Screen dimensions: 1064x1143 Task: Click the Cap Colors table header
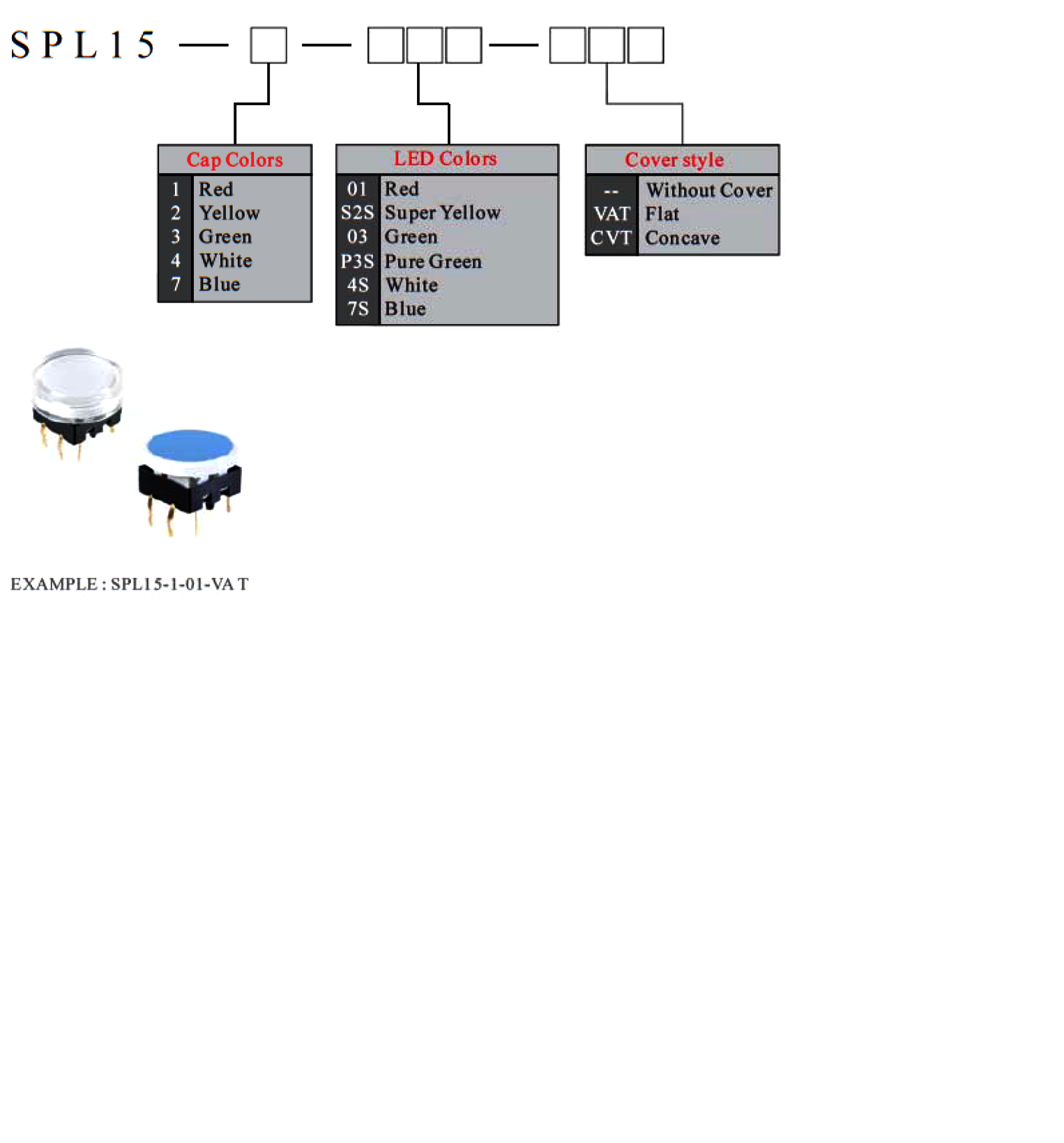[x=234, y=160]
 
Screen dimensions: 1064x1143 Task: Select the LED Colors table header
[x=445, y=158]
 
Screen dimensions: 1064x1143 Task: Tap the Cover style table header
[x=674, y=160]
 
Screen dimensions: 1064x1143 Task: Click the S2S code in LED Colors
[x=357, y=213]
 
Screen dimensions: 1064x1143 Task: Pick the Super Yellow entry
[x=443, y=213]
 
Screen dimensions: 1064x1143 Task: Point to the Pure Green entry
[x=433, y=261]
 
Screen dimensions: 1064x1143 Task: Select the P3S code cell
[x=357, y=261]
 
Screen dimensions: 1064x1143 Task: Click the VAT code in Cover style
[x=611, y=214]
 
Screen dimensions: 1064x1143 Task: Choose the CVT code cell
[x=611, y=238]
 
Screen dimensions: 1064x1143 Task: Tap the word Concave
[x=683, y=238]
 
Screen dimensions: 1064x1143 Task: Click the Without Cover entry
[x=709, y=190]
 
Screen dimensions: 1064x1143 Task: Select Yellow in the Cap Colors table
[x=229, y=213]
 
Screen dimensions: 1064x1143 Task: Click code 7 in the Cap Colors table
[x=176, y=284]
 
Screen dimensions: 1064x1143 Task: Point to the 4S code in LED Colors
[x=358, y=285]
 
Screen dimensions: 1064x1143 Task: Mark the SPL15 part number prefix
[x=83, y=45]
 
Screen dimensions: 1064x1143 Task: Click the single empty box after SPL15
[x=268, y=45]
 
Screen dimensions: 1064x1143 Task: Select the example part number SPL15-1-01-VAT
[x=180, y=584]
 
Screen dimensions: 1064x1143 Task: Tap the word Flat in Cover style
[x=662, y=214]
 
